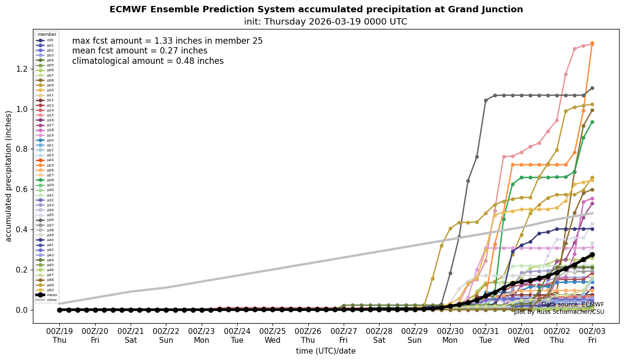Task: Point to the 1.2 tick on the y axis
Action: tap(22, 69)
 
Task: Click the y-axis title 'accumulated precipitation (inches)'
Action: tap(8, 176)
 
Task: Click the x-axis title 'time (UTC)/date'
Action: tap(326, 351)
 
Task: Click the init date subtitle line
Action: tap(326, 22)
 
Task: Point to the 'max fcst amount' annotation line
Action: tap(167, 41)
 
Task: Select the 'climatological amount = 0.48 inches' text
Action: tap(148, 61)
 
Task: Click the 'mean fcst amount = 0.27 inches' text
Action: tap(139, 51)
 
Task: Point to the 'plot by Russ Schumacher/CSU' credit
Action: tap(559, 312)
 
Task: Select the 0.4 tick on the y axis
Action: tap(22, 229)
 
